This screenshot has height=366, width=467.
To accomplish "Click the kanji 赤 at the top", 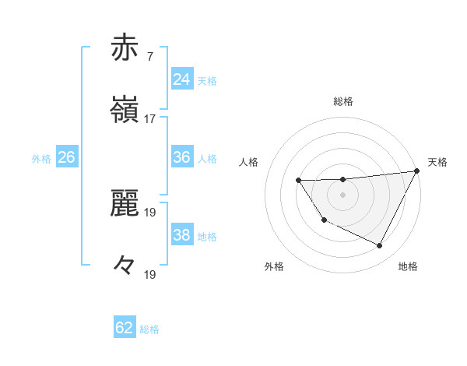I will pyautogui.click(x=125, y=48).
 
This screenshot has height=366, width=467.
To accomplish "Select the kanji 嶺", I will pyautogui.click(x=125, y=110).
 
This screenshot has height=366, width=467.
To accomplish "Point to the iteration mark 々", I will pyautogui.click(x=125, y=265).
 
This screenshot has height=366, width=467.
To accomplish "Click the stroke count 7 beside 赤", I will pyautogui.click(x=149, y=57).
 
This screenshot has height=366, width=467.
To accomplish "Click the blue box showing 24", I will pyautogui.click(x=182, y=79).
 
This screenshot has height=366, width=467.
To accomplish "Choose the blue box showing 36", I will pyautogui.click(x=182, y=157).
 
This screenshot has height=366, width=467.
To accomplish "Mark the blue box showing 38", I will pyautogui.click(x=182, y=235).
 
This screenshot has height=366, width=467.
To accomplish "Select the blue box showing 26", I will pyautogui.click(x=66, y=157).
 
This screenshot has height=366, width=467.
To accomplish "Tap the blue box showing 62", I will pyautogui.click(x=125, y=328).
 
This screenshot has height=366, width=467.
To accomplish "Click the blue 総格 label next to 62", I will pyautogui.click(x=149, y=329).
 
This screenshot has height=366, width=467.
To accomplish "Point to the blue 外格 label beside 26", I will pyautogui.click(x=41, y=159).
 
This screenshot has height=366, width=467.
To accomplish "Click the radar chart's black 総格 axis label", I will pyautogui.click(x=343, y=101).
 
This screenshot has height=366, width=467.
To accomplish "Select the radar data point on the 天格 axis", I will pyautogui.click(x=417, y=171).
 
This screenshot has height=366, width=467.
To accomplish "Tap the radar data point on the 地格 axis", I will pyautogui.click(x=380, y=246).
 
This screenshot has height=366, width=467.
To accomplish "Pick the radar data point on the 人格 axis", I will pyautogui.click(x=298, y=181).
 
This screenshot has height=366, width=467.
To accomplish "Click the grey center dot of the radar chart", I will pyautogui.click(x=343, y=195).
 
